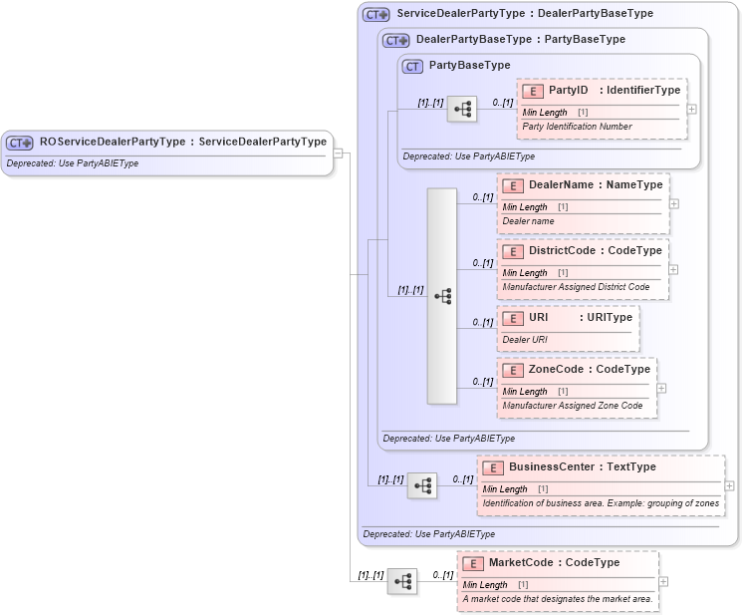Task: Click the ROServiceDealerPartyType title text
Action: [x=182, y=142]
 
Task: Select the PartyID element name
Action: [x=569, y=90]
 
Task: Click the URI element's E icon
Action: [x=512, y=318]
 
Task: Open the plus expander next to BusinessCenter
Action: [x=730, y=485]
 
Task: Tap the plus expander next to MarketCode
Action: [x=663, y=581]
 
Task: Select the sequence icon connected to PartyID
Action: [x=462, y=109]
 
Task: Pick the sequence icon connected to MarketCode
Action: [x=402, y=581]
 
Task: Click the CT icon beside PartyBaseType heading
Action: [x=412, y=66]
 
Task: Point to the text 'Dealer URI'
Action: [x=525, y=339]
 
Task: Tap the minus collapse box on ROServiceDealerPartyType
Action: [x=339, y=154]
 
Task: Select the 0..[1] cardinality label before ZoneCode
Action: [x=483, y=382]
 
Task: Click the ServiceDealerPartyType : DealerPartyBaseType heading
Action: [x=525, y=14]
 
